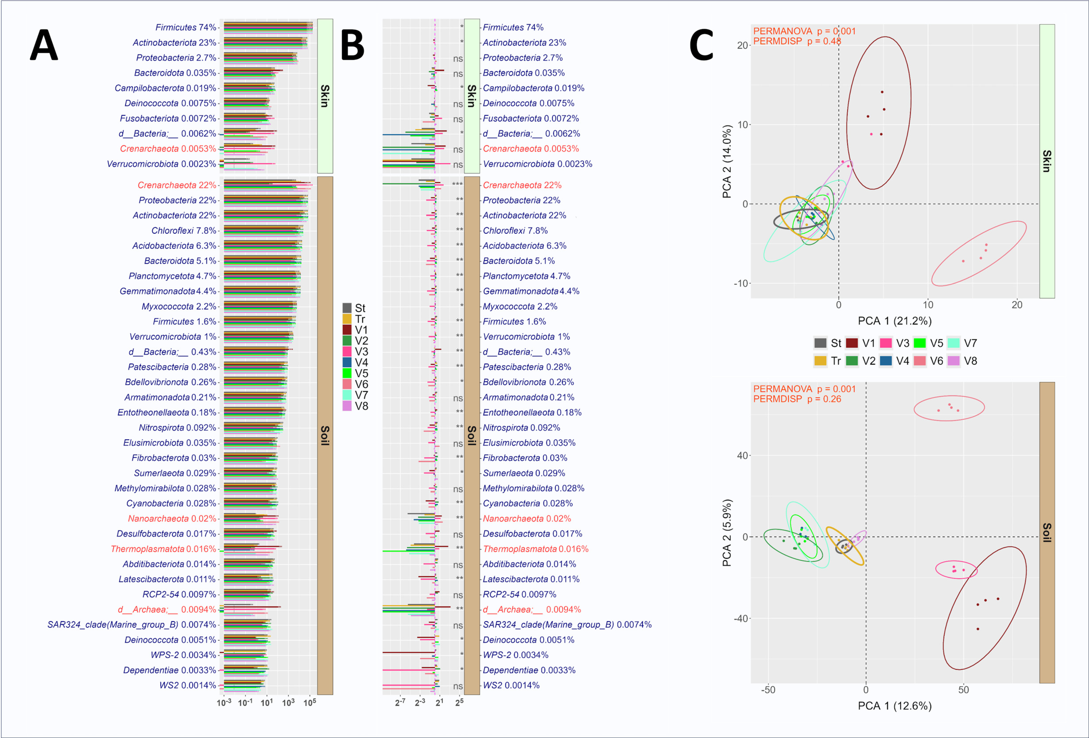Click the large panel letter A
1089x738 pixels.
click(44, 46)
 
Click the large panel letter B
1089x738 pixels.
click(353, 46)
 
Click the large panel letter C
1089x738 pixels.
click(701, 46)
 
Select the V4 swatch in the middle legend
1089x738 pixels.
click(347, 362)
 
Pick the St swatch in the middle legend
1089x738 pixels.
click(347, 308)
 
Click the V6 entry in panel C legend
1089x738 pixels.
click(920, 361)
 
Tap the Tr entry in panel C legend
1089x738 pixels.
click(821, 361)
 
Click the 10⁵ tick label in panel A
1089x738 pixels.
click(309, 703)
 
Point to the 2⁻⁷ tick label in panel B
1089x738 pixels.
click(400, 703)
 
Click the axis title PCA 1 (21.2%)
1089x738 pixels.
click(894, 321)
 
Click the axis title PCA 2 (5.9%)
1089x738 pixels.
click(727, 533)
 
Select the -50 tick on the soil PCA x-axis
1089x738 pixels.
click(767, 690)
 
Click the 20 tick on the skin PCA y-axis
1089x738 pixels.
click(742, 46)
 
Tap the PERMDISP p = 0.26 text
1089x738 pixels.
click(797, 399)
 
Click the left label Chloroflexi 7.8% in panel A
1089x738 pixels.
click(184, 231)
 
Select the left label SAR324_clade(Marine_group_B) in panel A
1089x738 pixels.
click(112, 625)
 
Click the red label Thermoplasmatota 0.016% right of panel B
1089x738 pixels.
click(535, 549)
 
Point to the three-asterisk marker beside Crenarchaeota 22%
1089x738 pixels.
click(457, 185)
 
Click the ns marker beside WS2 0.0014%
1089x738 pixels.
click(458, 686)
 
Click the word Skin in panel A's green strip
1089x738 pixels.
click(325, 96)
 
